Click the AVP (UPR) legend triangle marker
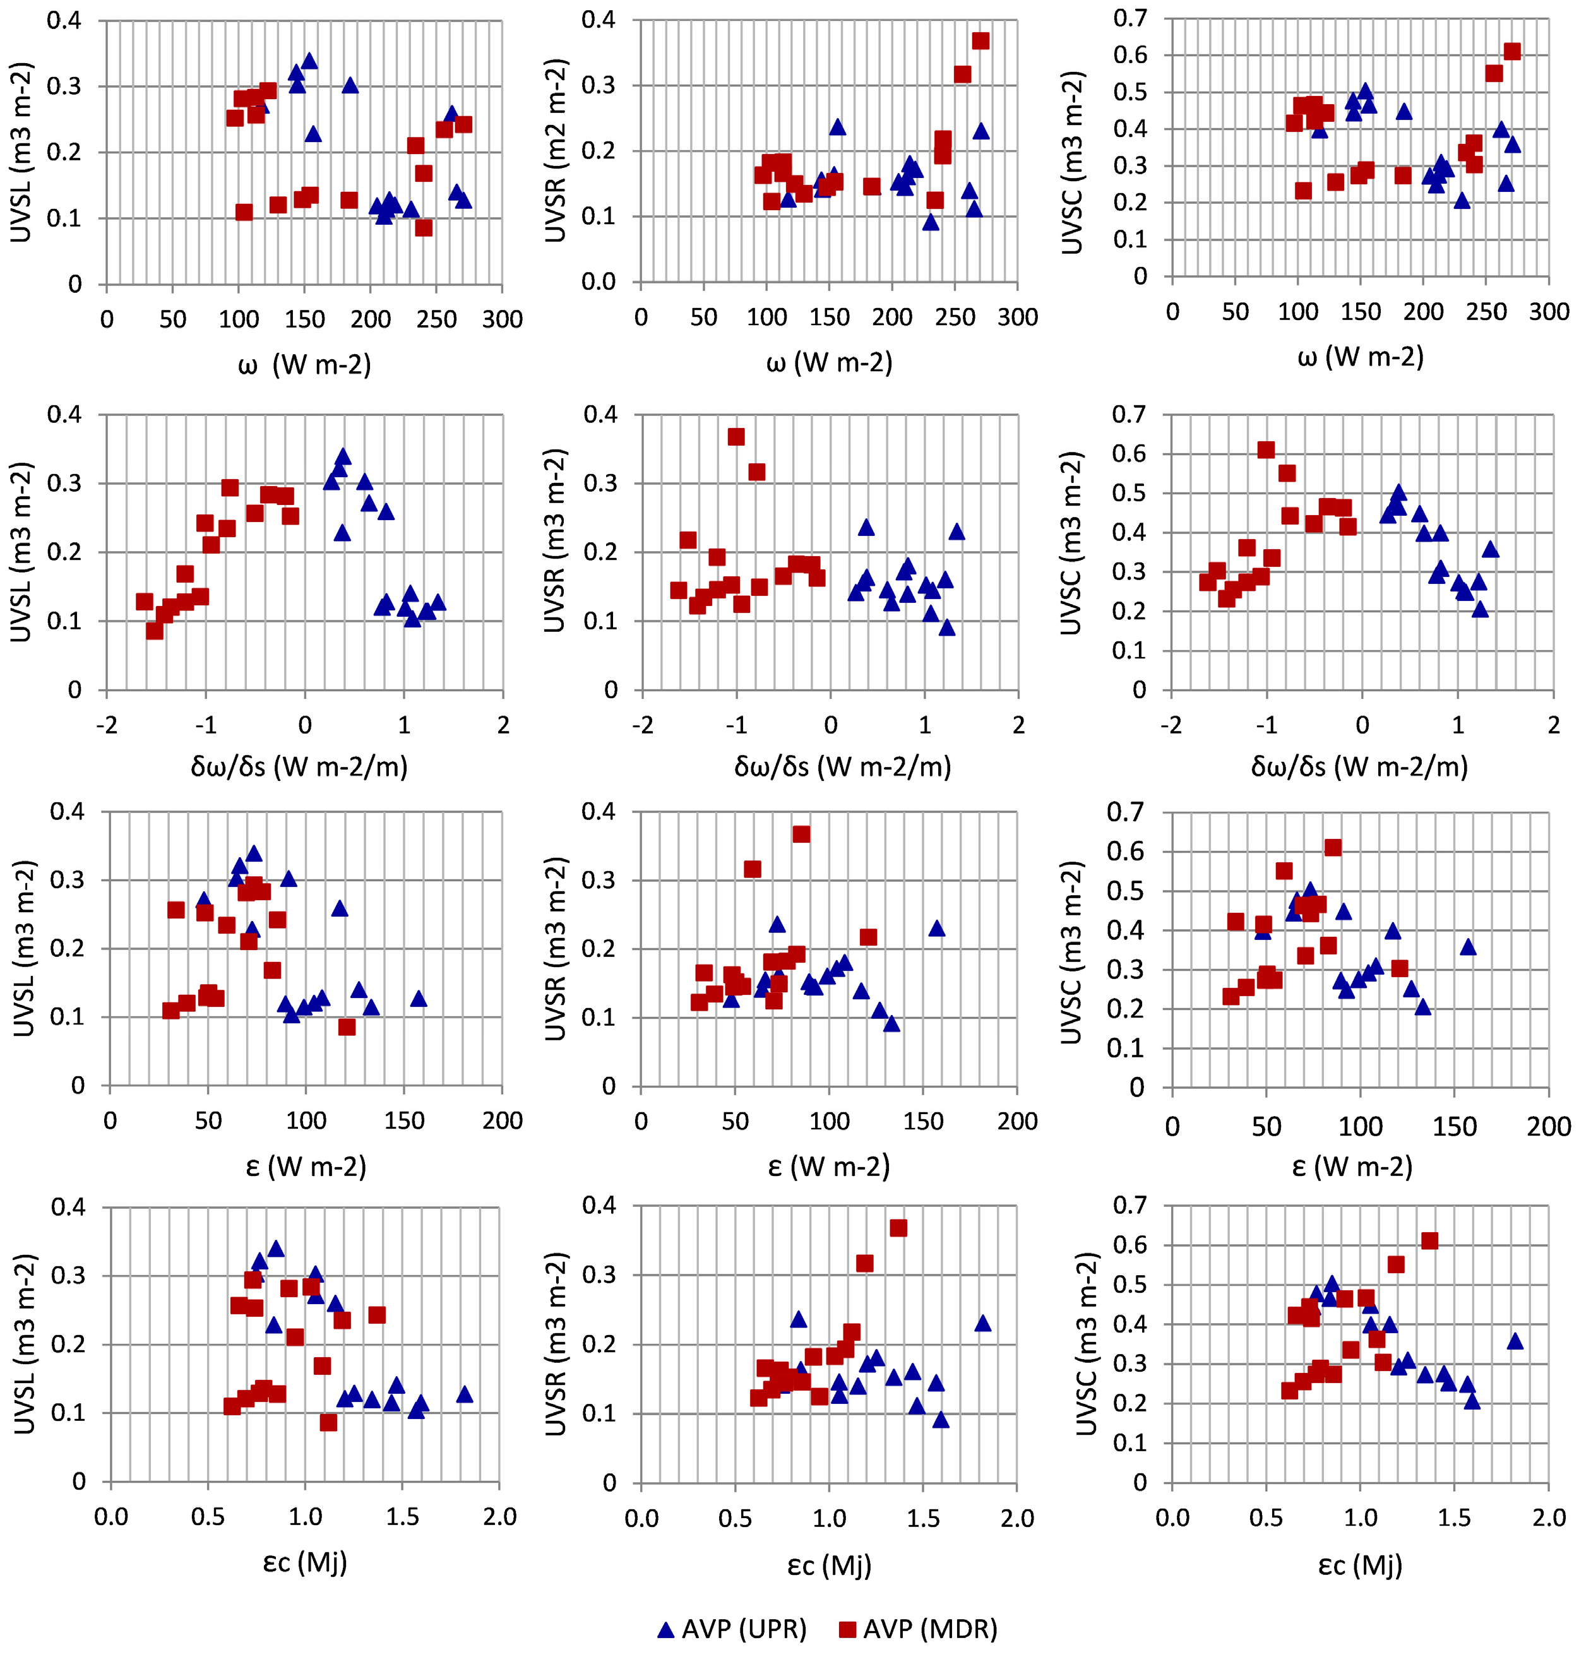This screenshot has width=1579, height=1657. coord(666,1629)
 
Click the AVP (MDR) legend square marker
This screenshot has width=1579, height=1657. coord(849,1629)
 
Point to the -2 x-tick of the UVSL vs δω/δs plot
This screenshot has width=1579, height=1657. coord(107,725)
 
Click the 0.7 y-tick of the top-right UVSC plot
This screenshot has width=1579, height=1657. coord(1129,18)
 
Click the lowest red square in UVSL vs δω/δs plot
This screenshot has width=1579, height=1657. coord(154,631)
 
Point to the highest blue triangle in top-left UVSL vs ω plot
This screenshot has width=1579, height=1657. coord(309,61)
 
